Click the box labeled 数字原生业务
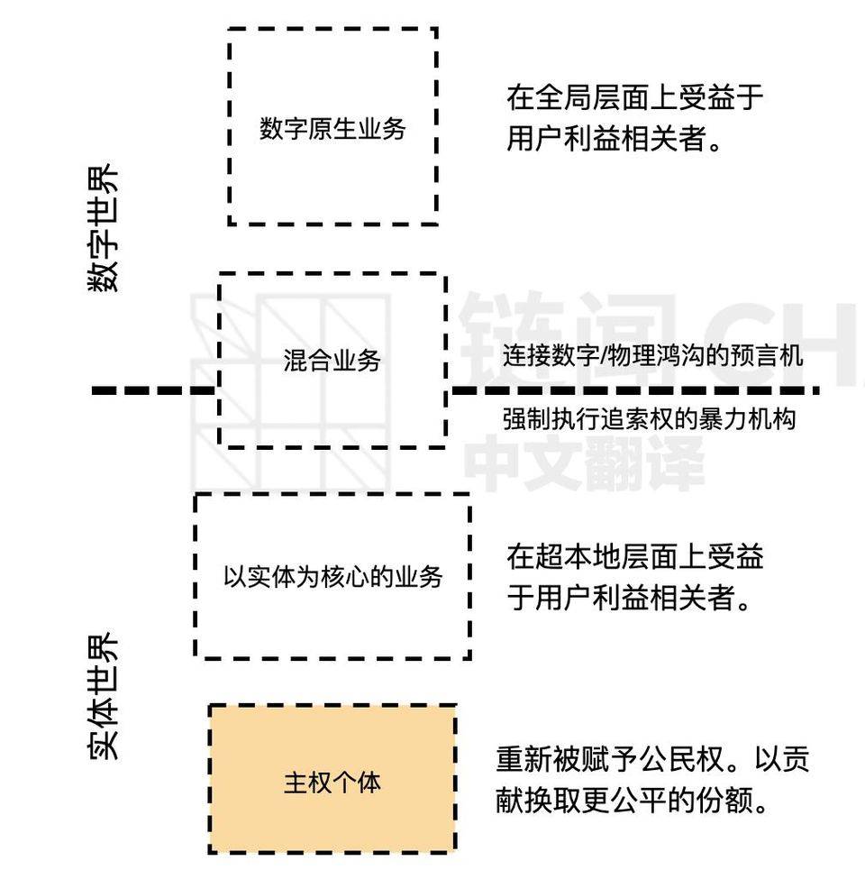332,127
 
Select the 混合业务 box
332,361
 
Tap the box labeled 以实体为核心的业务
332,576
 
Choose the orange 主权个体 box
332,780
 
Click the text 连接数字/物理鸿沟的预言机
652,355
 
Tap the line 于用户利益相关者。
628,598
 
